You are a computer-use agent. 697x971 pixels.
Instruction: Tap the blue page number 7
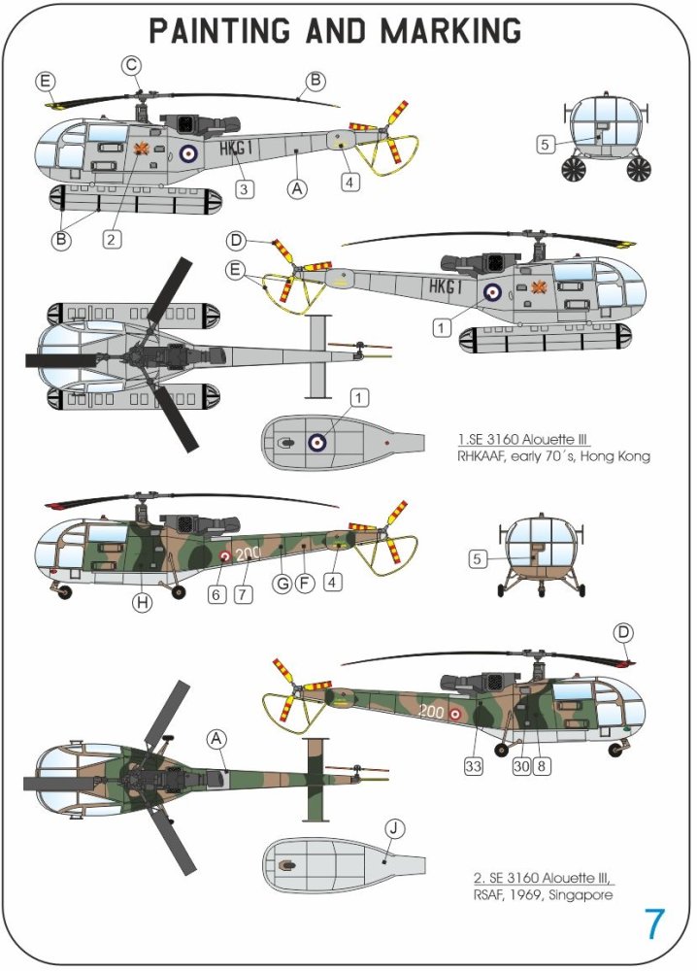click(x=655, y=924)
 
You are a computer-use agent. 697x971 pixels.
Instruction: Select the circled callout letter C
click(x=133, y=66)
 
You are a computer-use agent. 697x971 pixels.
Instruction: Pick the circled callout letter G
click(x=282, y=584)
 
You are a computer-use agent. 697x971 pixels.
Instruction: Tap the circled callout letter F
click(x=304, y=584)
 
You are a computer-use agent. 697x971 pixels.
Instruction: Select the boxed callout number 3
click(x=245, y=189)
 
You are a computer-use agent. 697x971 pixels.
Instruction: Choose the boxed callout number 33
click(x=474, y=764)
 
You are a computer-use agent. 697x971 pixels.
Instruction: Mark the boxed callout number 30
click(x=521, y=764)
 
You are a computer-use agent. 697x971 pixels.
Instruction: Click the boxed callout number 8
click(x=543, y=764)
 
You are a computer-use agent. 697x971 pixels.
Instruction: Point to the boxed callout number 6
click(x=217, y=593)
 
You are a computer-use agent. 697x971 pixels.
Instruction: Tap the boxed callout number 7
click(x=243, y=593)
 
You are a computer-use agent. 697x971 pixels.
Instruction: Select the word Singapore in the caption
click(x=580, y=894)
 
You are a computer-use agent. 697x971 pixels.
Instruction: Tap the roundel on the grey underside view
click(x=317, y=443)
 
